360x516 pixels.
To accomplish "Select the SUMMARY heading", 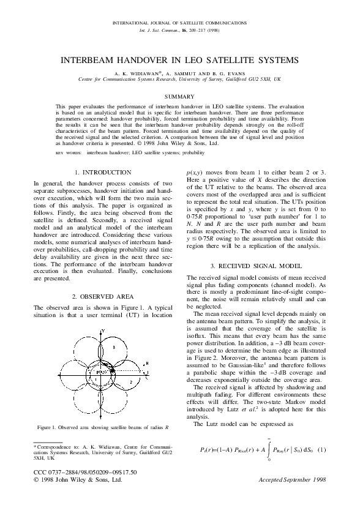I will coord(179,96).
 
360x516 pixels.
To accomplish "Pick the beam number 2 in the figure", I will coord(132,382).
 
